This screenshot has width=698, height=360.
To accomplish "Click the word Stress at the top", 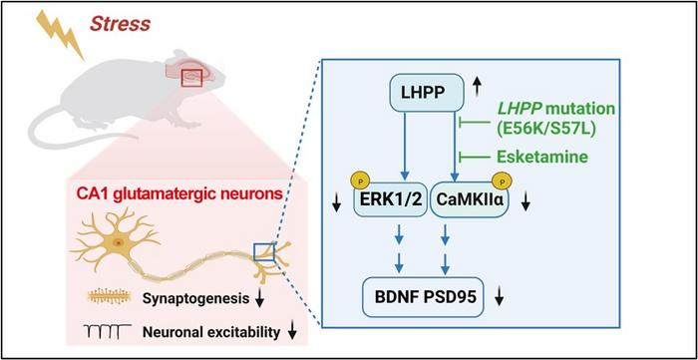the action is (x=120, y=24).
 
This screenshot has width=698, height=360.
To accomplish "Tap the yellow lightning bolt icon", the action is (x=60, y=34).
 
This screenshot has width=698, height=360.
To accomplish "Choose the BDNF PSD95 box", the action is (x=423, y=297).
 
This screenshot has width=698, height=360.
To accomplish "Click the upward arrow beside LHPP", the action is (x=477, y=87).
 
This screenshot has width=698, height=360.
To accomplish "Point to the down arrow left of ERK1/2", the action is (x=337, y=203).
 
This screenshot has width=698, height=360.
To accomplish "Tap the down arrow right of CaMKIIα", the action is (x=525, y=203).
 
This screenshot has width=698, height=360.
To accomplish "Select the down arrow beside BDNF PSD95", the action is (x=499, y=297).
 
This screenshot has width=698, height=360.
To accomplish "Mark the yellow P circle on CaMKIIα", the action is (x=503, y=182).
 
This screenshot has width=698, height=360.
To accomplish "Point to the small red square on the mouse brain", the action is (x=191, y=79).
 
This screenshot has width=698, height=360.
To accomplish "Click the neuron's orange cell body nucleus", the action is (x=119, y=242).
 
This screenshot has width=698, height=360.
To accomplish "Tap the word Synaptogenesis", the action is (x=195, y=299).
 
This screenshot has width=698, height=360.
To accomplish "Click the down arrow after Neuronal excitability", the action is (x=292, y=331).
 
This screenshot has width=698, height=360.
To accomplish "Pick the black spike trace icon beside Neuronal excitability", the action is (x=108, y=331).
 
